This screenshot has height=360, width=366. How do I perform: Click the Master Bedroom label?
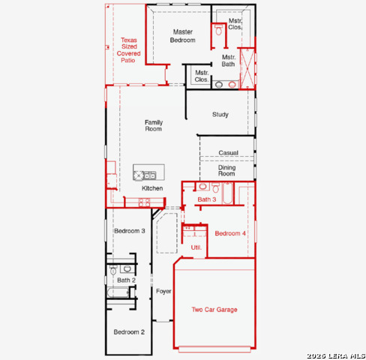tap(184, 36)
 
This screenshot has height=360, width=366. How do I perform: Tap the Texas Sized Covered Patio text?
tap(128, 50)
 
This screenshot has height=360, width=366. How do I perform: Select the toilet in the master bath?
tap(218, 31)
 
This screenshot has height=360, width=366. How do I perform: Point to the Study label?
tap(220, 115)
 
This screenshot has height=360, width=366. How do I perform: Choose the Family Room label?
tap(153, 125)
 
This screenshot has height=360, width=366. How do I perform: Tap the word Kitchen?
tap(152, 188)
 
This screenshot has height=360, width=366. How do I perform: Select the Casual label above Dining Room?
tap(228, 153)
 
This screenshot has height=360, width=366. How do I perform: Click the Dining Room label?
tap(226, 171)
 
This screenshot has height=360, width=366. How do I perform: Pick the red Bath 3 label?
tap(207, 199)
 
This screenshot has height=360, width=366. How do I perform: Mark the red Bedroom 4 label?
tap(230, 234)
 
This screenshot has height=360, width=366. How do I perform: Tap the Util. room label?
tap(196, 247)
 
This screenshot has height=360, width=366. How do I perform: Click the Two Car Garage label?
tap(214, 309)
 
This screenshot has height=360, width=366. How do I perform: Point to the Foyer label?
tap(163, 290)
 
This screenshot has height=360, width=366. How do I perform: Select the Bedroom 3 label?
tap(129, 231)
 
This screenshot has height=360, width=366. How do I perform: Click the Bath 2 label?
tap(125, 280)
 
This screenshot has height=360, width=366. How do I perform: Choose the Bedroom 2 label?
tap(129, 331)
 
